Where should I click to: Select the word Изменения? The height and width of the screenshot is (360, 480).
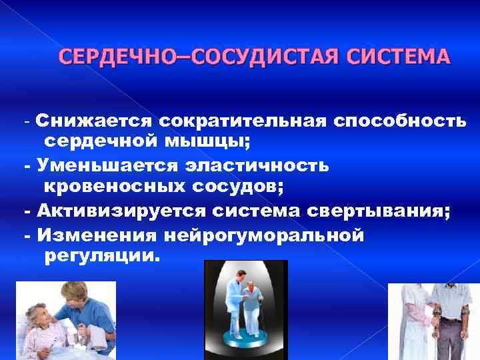(x=97, y=235)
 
